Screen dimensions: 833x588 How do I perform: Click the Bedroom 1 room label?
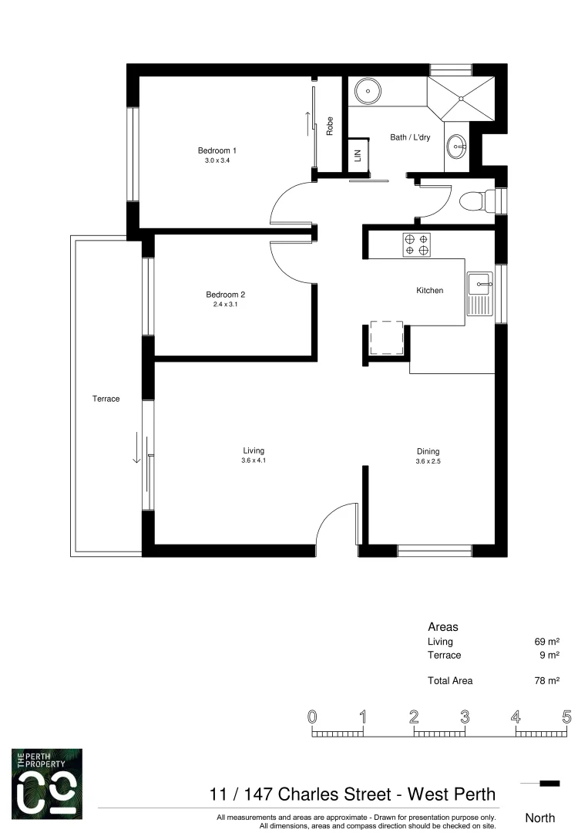[217, 150]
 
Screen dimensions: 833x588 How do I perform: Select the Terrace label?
[106, 399]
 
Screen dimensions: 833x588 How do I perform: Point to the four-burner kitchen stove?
[417, 245]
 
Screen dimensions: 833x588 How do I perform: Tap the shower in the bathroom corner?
[461, 98]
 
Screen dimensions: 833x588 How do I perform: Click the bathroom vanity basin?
[458, 144]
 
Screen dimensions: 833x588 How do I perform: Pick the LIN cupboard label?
[358, 154]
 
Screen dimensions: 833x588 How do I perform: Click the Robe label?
[329, 126]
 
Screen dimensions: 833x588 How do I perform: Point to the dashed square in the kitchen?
[387, 337]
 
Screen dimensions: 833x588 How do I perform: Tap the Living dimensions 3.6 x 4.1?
[254, 460]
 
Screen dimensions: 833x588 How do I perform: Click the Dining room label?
[428, 451]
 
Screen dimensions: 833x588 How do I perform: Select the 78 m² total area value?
[546, 681]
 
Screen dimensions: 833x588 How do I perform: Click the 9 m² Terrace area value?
[549, 655]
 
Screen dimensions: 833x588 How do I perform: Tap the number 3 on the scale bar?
[465, 717]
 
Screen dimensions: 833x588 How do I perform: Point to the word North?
[539, 818]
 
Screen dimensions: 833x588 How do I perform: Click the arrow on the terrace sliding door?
[136, 447]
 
